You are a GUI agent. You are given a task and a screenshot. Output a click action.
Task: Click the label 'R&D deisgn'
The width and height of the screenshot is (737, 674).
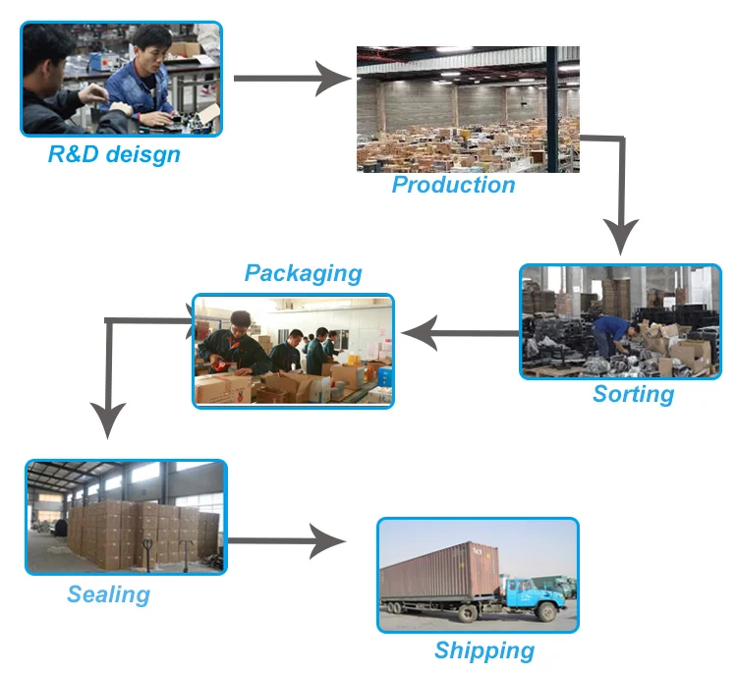click(114, 154)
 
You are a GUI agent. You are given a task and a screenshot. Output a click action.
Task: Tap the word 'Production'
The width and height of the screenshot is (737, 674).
click(453, 185)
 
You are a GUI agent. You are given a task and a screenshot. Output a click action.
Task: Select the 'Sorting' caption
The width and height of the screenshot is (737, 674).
click(633, 395)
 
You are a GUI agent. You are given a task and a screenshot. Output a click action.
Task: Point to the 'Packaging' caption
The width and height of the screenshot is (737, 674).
click(303, 273)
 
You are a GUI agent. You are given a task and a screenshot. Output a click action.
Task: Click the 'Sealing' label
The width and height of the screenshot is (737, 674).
click(108, 594)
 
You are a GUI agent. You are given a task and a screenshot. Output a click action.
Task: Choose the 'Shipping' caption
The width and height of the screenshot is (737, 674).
click(484, 650)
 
